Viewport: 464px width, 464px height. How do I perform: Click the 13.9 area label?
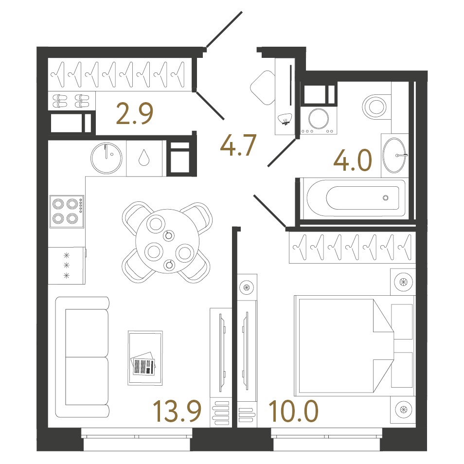coord(177,411)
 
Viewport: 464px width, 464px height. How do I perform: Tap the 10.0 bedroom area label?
coord(293,411)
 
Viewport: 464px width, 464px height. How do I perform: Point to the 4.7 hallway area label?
coord(238,145)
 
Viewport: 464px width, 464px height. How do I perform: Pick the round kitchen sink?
coord(106,158)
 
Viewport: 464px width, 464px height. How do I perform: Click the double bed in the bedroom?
coord(345,345)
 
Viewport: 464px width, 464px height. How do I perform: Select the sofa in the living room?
coord(82,357)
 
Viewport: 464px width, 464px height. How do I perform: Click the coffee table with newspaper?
coord(145,358)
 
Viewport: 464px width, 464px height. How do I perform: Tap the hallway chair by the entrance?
coord(262,88)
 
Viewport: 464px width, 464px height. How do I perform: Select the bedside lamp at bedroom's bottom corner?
coord(403,409)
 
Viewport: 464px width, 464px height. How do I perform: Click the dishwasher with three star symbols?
coord(67,266)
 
